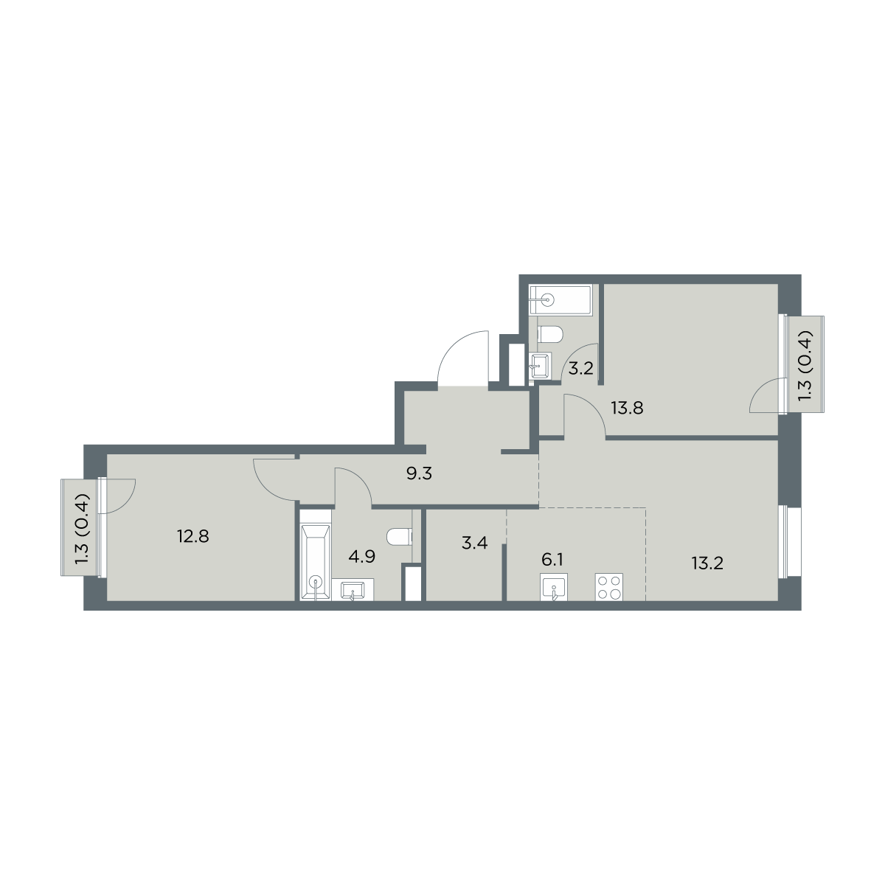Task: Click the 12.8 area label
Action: (x=193, y=536)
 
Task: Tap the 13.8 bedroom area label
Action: (x=627, y=407)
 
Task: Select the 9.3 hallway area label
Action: (x=420, y=473)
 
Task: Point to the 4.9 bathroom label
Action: (x=362, y=557)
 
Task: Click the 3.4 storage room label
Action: (x=474, y=543)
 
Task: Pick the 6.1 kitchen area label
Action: (x=552, y=560)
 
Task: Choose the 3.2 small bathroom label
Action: (x=581, y=368)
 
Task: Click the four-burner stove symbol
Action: (x=609, y=586)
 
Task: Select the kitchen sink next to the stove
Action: (x=555, y=587)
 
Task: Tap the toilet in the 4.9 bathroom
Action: (x=400, y=537)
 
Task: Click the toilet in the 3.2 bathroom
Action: (x=549, y=334)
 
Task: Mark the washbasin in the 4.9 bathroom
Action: (x=353, y=590)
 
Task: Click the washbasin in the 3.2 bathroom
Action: (x=540, y=366)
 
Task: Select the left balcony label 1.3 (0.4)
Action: (x=82, y=528)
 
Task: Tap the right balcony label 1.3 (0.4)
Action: (x=805, y=366)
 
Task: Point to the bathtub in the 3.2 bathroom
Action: (x=560, y=300)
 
